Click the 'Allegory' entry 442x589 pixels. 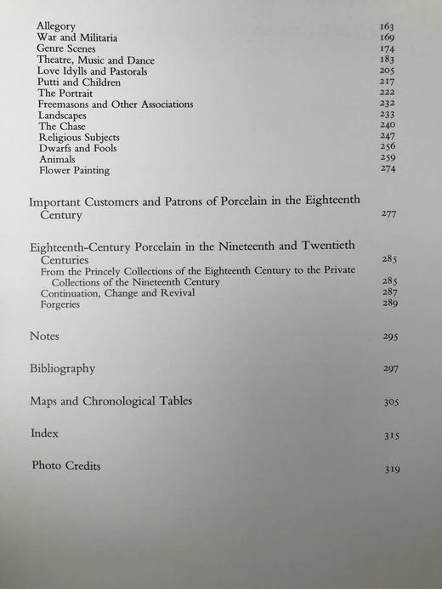tap(56, 27)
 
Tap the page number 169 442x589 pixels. tap(387, 38)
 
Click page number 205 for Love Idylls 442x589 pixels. tap(388, 71)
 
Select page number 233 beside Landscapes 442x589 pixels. tap(388, 116)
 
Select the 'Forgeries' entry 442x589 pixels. tap(60, 304)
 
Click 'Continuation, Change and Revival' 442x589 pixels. tap(118, 293)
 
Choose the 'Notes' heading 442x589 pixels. tap(44, 336)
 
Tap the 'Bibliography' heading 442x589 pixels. tap(62, 369)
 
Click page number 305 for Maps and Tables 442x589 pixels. tap(391, 403)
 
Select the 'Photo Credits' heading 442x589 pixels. tap(67, 466)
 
